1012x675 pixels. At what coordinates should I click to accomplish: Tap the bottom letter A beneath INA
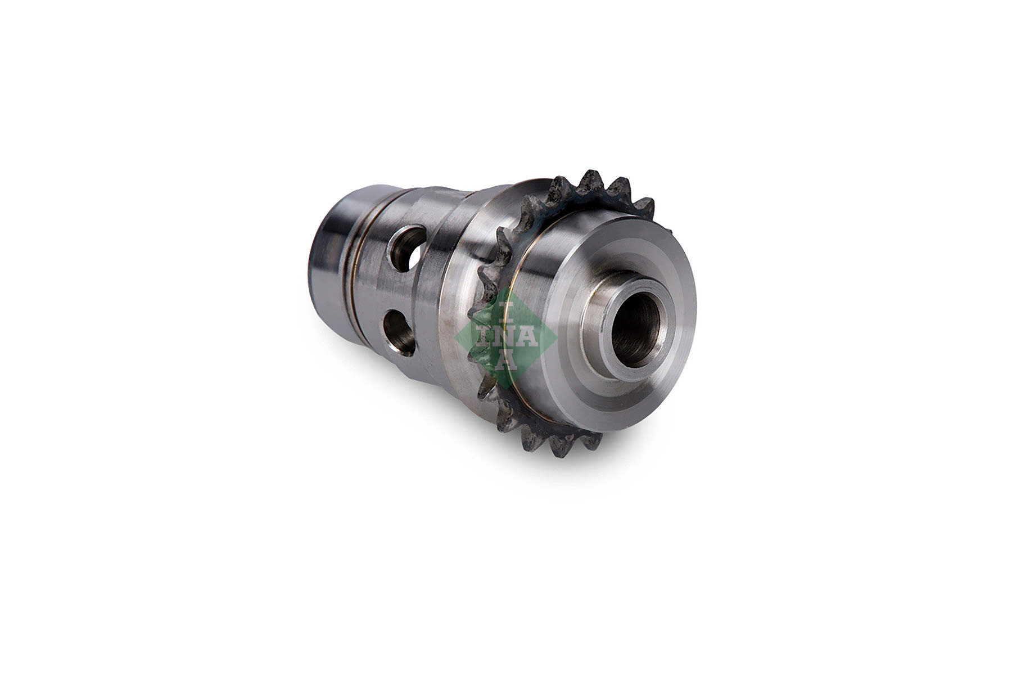pyautogui.click(x=505, y=361)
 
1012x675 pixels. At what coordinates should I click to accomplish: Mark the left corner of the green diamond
pyautogui.click(x=457, y=337)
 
